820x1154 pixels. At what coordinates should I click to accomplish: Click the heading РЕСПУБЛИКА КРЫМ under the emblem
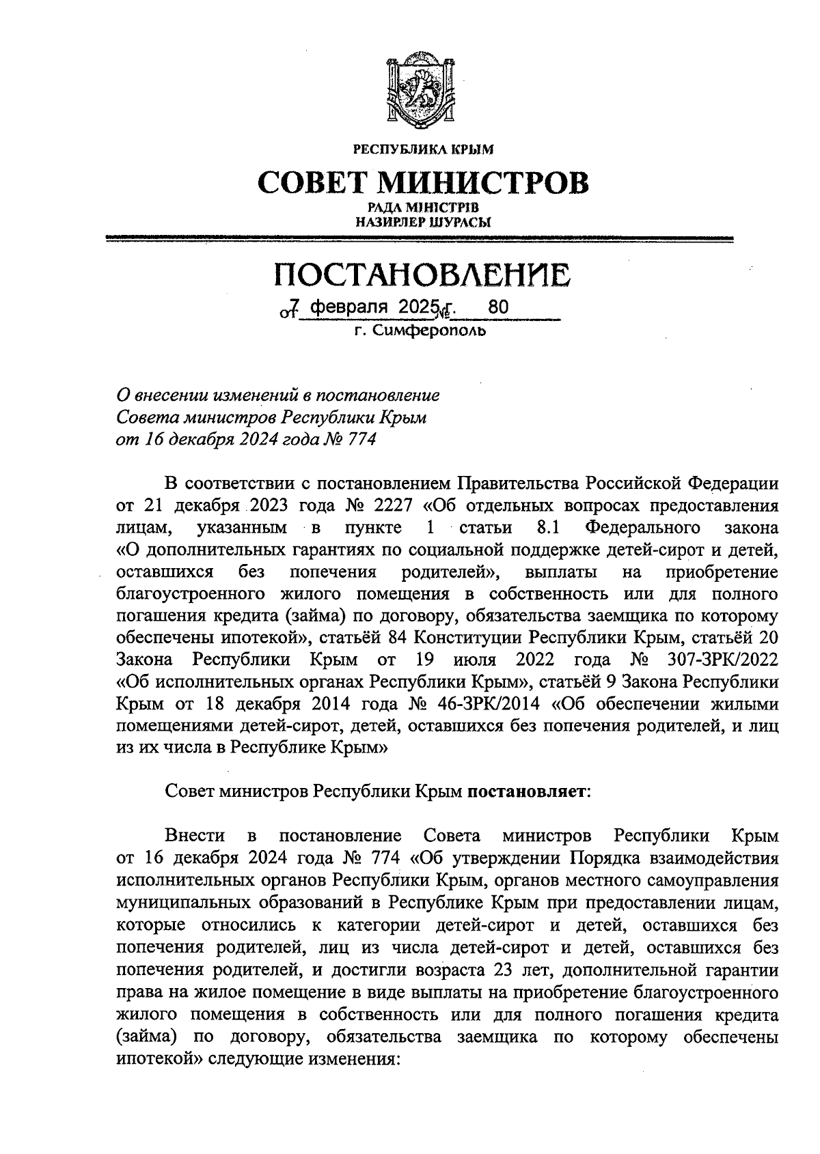pyautogui.click(x=422, y=148)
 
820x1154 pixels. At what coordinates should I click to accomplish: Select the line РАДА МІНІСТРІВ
pyautogui.click(x=422, y=208)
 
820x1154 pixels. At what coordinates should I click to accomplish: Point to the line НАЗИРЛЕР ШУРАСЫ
pyautogui.click(x=422, y=221)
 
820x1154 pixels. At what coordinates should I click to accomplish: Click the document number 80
pyautogui.click(x=498, y=308)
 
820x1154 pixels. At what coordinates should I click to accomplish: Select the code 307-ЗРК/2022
pyautogui.click(x=718, y=660)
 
